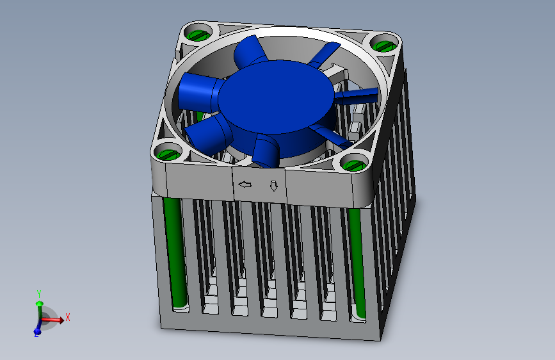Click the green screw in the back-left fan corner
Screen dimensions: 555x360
(198, 35)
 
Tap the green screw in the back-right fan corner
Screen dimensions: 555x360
(385, 45)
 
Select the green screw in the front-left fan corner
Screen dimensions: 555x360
(168, 154)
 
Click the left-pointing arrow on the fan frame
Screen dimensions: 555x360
(245, 184)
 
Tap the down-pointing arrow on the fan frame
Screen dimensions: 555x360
(273, 186)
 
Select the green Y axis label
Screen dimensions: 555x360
(39, 294)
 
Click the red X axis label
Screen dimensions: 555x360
(68, 317)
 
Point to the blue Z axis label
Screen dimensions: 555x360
(36, 335)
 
